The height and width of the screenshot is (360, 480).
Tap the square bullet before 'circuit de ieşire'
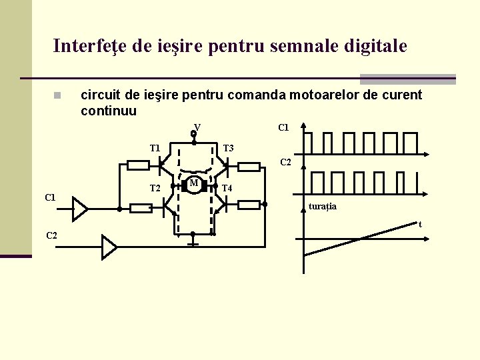click(x=58, y=95)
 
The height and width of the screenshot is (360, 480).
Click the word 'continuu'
click(x=109, y=111)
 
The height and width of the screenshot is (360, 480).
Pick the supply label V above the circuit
click(x=197, y=127)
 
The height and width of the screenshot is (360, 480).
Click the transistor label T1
click(x=155, y=147)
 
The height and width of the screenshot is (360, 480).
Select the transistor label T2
click(x=155, y=188)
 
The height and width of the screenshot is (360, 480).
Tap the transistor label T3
click(x=228, y=147)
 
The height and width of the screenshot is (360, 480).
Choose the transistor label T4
click(x=227, y=188)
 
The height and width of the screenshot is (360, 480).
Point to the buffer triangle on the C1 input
click(x=79, y=208)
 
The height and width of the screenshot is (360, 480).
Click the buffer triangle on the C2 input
click(x=109, y=247)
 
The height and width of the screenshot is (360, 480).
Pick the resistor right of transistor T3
click(x=249, y=167)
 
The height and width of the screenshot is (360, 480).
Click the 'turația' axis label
click(x=323, y=207)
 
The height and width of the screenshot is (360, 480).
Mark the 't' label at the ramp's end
click(x=420, y=225)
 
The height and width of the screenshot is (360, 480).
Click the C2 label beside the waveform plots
click(x=285, y=162)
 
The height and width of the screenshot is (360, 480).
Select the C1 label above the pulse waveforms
click(x=283, y=127)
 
